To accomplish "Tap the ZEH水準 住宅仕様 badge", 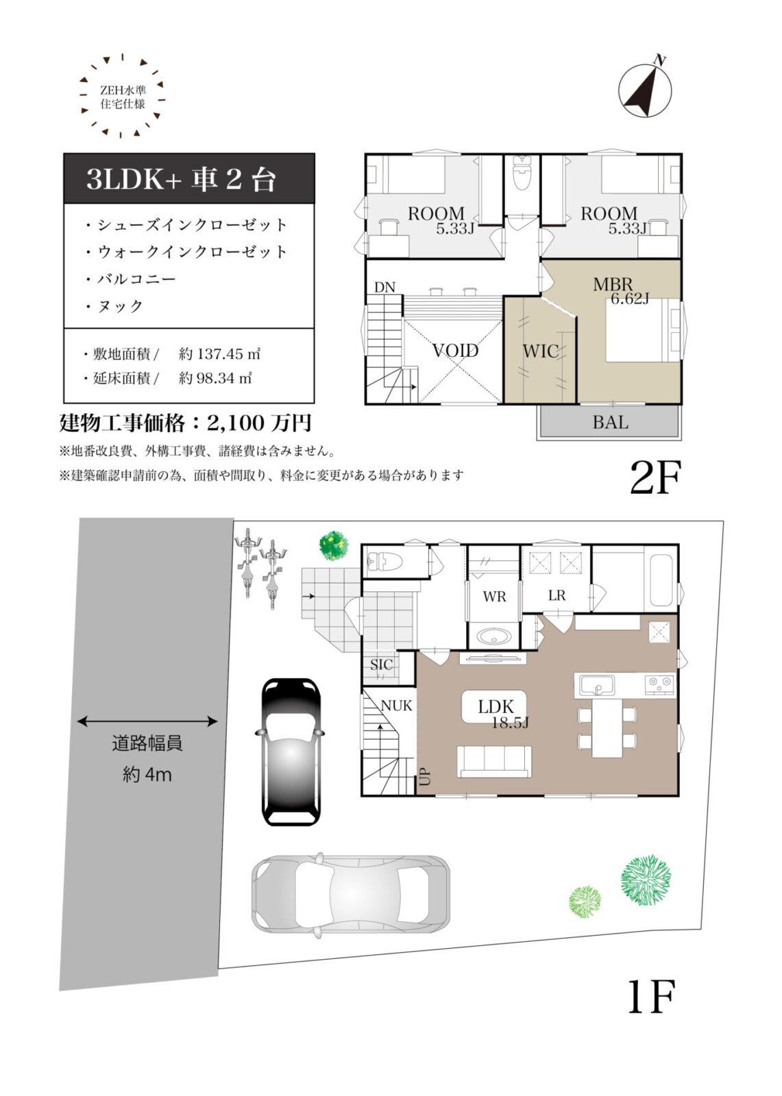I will (122, 97).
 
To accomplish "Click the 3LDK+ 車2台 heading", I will (182, 179).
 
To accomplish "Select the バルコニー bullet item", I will (136, 279).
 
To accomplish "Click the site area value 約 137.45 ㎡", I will (219, 354).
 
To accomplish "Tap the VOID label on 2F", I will (455, 351).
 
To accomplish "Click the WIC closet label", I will (540, 351).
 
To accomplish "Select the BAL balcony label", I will (610, 423).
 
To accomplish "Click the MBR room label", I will (613, 284).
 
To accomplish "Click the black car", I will (291, 751).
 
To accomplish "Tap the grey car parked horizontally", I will (350, 893).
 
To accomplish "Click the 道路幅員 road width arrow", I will (147, 721).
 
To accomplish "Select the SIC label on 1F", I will (381, 664).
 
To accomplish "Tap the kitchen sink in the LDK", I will (597, 684).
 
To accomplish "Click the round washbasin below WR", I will (493, 636).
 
